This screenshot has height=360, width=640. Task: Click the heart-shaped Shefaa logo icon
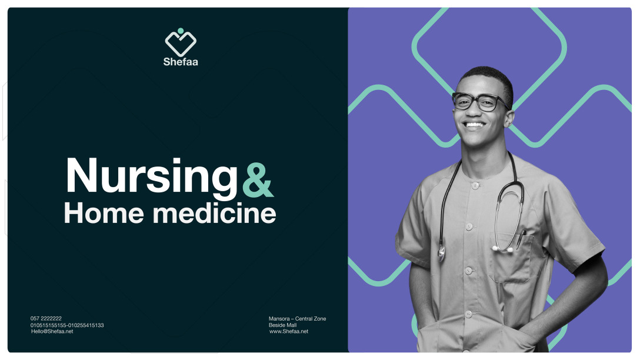pyautogui.click(x=181, y=42)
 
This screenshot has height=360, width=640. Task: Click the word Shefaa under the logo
pyautogui.click(x=181, y=62)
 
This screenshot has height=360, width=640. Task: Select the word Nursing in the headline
pyautogui.click(x=151, y=176)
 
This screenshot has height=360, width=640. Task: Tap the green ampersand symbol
pyautogui.click(x=258, y=181)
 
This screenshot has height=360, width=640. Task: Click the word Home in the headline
pyautogui.click(x=104, y=213)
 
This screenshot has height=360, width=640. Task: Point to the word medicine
pyautogui.click(x=214, y=213)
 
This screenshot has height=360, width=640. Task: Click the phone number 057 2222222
pyautogui.click(x=46, y=318)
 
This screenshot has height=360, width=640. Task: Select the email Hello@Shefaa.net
pyautogui.click(x=52, y=331)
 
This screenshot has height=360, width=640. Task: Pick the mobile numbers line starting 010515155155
pyautogui.click(x=67, y=325)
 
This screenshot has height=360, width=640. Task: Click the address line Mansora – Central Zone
pyautogui.click(x=297, y=318)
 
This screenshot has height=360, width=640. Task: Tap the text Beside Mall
pyautogui.click(x=282, y=325)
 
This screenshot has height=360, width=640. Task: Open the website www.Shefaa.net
pyautogui.click(x=289, y=331)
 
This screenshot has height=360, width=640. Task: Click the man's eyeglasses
pyautogui.click(x=480, y=102)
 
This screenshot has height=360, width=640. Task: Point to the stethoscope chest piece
pyautogui.click(x=442, y=254)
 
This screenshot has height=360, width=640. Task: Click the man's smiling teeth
pyautogui.click(x=474, y=125)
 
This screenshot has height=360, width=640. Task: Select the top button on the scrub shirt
pyautogui.click(x=475, y=186)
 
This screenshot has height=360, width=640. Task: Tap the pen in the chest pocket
pyautogui.click(x=521, y=239)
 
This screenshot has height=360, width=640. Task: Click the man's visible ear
pyautogui.click(x=509, y=118)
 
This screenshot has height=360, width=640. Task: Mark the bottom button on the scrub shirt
pyautogui.click(x=468, y=314)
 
